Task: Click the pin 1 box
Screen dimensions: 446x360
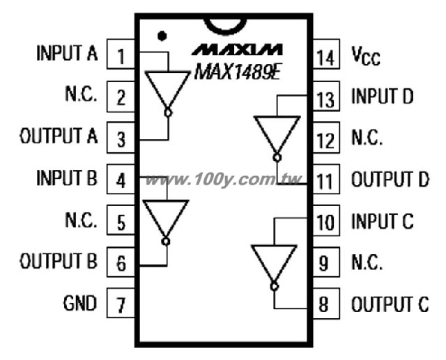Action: tap(121, 54)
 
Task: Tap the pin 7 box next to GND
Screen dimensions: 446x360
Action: tap(121, 303)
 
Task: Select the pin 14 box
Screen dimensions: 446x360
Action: tap(326, 54)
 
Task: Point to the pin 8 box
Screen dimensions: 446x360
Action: tap(326, 304)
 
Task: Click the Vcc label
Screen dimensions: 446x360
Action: tap(365, 56)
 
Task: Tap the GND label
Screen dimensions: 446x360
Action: tap(80, 303)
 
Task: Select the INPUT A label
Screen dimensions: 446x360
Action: tap(67, 53)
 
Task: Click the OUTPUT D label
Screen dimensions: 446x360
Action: tap(390, 179)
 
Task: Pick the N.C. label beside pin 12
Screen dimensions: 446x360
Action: tap(367, 137)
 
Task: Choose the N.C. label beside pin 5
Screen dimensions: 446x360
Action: tap(81, 220)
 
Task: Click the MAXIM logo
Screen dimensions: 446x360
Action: tap(237, 49)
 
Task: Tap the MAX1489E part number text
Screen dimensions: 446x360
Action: tap(238, 71)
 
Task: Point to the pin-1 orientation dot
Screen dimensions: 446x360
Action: tap(162, 36)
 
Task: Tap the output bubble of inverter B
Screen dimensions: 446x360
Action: tap(166, 242)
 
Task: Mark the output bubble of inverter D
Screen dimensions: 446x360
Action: tap(277, 157)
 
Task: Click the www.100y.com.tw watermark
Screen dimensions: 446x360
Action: tap(223, 180)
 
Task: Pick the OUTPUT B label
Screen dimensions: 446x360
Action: tap(59, 261)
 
